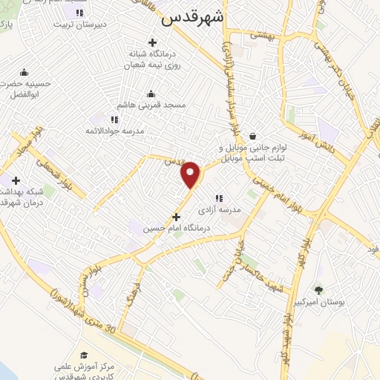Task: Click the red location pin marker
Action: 191,174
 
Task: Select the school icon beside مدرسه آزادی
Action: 218,198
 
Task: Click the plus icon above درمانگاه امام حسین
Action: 176,217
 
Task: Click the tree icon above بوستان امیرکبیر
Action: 319,289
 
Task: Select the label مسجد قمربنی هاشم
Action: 151,105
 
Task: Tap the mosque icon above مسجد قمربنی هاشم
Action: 151,94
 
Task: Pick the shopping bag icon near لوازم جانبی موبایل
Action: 254,136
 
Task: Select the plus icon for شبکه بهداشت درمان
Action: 16,180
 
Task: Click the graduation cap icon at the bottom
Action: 84,355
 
